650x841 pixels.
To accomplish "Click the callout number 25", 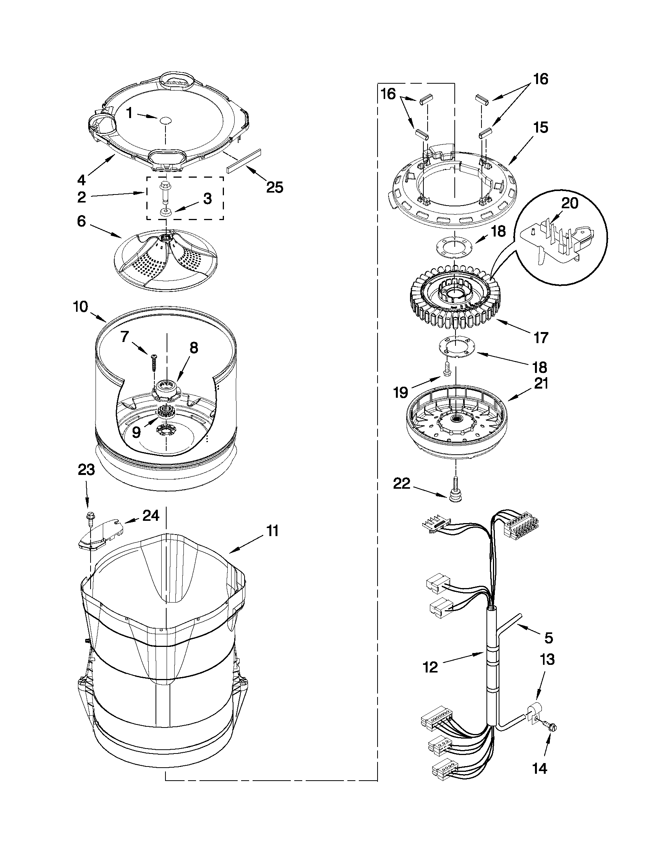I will click(x=274, y=188).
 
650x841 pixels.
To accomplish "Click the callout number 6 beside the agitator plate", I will click(x=81, y=222).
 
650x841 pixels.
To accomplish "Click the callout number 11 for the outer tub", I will click(x=272, y=531).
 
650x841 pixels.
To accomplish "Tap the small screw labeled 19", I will click(x=447, y=368).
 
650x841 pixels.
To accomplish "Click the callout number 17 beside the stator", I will click(x=541, y=338).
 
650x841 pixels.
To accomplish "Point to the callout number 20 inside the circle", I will click(x=569, y=203).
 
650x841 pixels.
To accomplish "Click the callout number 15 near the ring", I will click(x=541, y=128).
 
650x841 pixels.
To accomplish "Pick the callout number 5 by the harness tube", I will click(x=549, y=638).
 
